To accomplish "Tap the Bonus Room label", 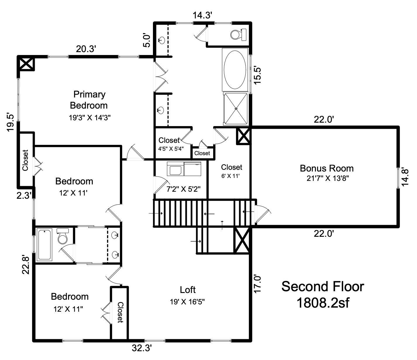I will point(327,168).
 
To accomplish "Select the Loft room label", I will point(187,290).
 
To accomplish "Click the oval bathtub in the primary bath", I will point(235,70).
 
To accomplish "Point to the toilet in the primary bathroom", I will point(238,35).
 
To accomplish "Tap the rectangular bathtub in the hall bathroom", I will point(45,245).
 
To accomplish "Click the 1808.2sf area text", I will point(323,303).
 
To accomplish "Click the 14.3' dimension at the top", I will point(202,16).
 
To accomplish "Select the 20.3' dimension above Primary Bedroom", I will point(86,49).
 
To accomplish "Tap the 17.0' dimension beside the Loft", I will point(257,284).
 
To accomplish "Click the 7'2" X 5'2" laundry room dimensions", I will point(183,189).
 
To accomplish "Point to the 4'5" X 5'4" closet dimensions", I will point(171,149).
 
